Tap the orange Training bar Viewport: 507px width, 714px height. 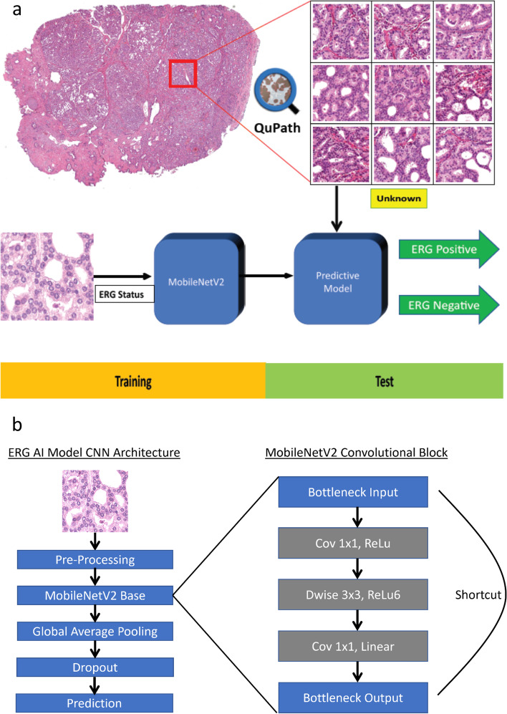click(x=133, y=380)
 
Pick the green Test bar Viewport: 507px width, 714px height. click(x=386, y=380)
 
